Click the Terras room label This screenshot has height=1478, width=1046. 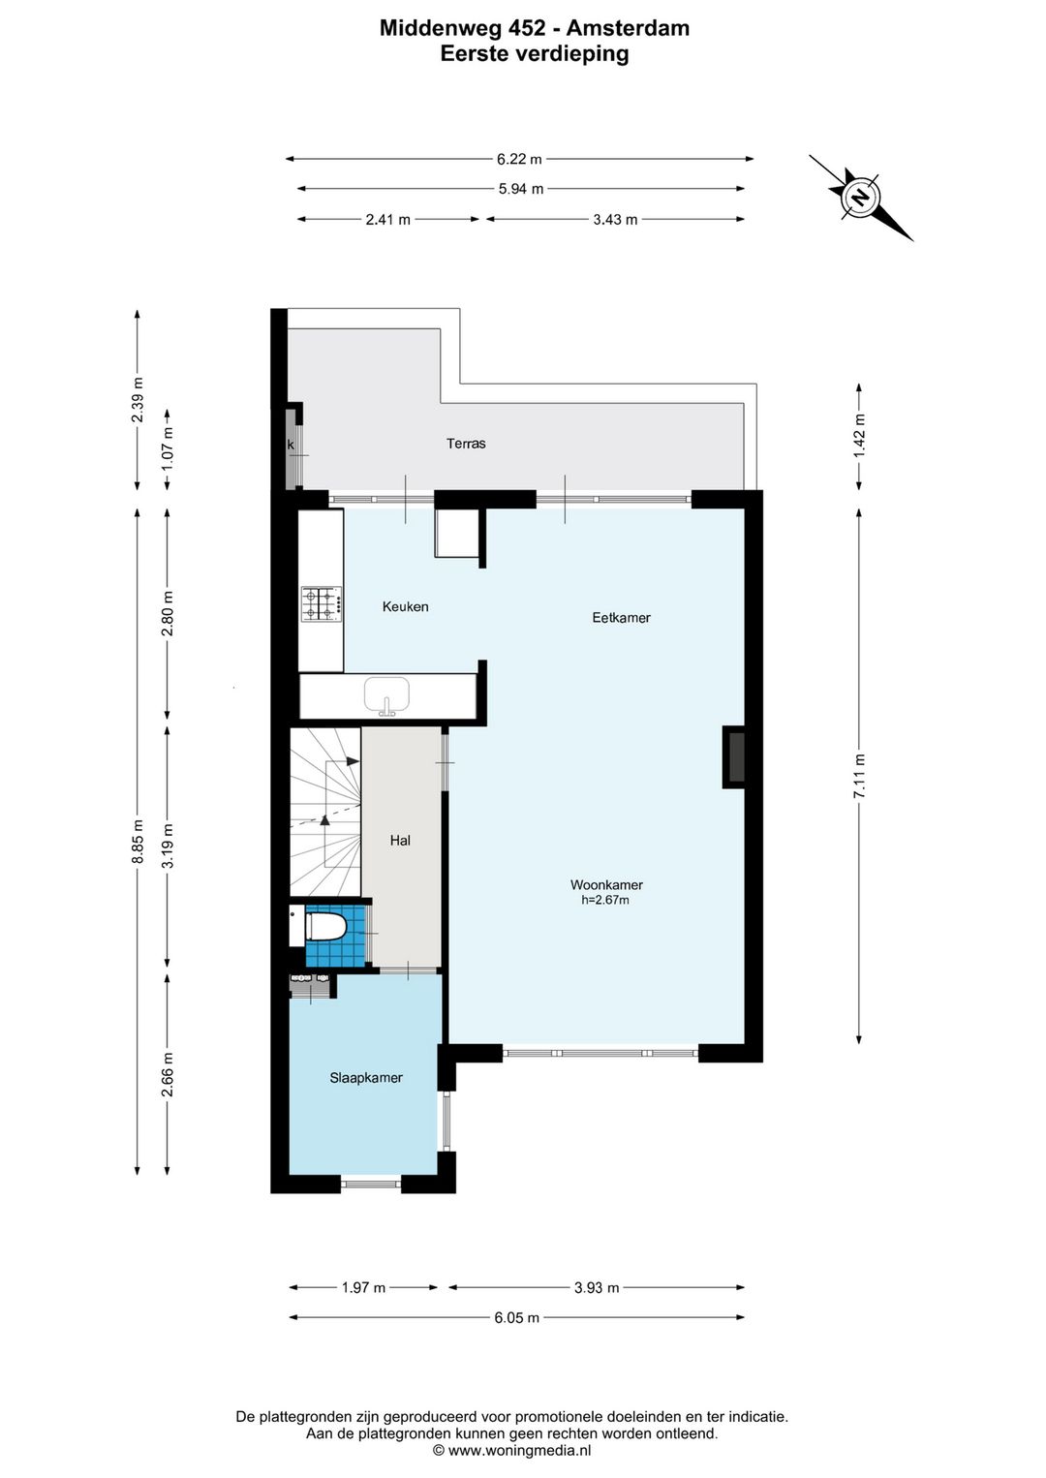(466, 444)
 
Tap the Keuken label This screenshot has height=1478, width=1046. (405, 606)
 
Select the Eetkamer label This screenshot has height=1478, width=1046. (621, 618)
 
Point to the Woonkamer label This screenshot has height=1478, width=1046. (606, 885)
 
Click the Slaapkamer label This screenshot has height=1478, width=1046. (366, 1077)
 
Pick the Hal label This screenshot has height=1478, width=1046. (400, 840)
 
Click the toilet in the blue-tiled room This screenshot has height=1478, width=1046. (325, 926)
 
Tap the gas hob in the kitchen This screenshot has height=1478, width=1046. (322, 603)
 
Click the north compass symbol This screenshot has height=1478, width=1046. (861, 198)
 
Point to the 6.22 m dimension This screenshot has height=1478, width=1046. (519, 159)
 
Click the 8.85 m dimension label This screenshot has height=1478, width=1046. (138, 842)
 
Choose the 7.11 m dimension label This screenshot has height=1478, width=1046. (859, 776)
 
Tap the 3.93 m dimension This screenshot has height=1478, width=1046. (597, 1287)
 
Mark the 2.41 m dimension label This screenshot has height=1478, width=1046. (388, 219)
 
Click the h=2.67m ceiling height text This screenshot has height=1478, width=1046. (605, 900)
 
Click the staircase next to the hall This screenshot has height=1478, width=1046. (325, 812)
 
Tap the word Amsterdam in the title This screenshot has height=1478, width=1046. (628, 28)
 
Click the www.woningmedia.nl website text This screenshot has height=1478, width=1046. (519, 1450)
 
